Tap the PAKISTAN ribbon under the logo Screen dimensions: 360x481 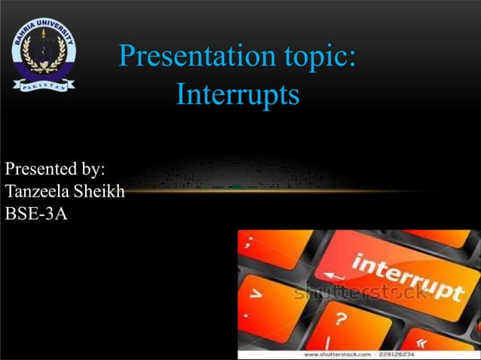click(x=44, y=84)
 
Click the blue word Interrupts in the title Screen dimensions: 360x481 click(x=237, y=95)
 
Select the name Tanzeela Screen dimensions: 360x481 click(x=38, y=191)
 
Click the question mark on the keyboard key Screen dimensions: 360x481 click(x=341, y=320)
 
